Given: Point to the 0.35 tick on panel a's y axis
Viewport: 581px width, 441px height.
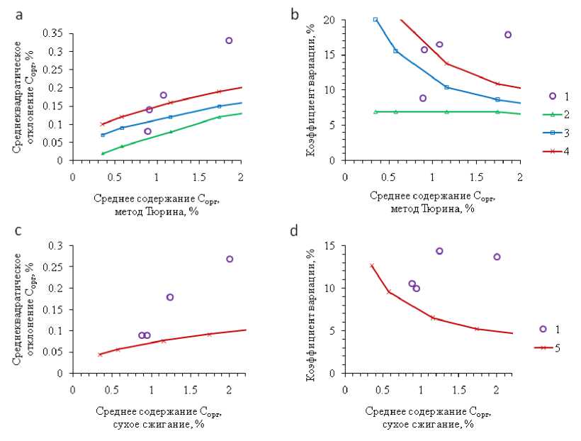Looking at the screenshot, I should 55,33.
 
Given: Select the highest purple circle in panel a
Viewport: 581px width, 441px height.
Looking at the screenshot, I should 229,41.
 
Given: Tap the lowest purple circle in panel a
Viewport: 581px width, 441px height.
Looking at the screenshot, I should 147,131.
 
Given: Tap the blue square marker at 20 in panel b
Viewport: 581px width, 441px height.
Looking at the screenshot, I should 376,20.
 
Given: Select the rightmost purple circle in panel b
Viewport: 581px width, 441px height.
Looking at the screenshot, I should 508,35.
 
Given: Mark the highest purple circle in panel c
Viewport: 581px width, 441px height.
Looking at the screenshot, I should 230,259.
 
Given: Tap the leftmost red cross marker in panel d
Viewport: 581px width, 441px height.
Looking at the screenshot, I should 371,265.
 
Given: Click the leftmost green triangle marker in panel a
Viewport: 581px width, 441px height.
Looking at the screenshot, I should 103,153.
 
